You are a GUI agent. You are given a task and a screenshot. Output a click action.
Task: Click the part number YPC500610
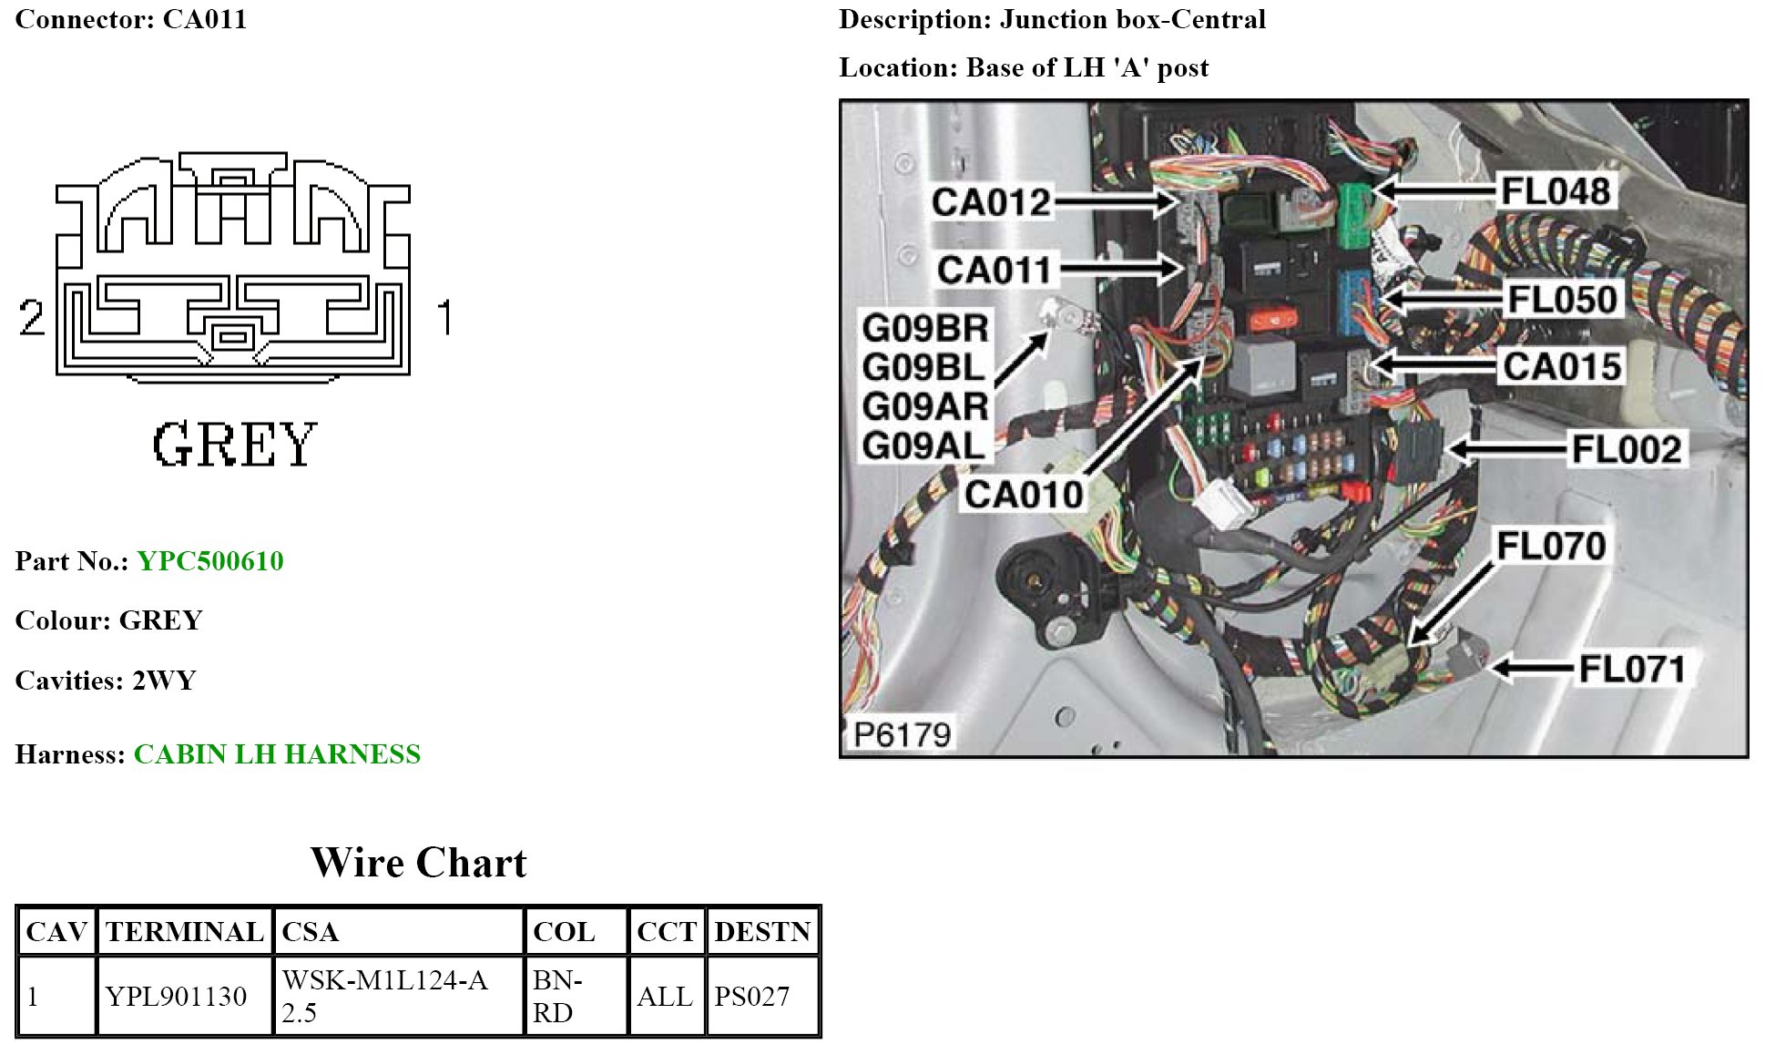[210, 561]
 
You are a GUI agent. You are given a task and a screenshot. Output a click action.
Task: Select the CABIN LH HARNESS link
[277, 754]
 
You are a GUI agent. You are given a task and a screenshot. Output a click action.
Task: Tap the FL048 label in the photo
[1555, 191]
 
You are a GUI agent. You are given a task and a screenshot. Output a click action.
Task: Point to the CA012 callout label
[991, 202]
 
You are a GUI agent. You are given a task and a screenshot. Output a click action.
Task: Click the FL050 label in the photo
[1562, 300]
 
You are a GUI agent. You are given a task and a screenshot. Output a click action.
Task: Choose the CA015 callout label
[1561, 367]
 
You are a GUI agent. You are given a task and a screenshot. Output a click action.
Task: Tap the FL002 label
[1627, 449]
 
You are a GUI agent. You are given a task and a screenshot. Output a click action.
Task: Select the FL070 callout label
[1551, 546]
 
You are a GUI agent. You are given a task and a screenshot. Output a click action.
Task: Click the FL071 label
[1631, 670]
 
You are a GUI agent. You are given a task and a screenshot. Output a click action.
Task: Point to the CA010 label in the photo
[1024, 495]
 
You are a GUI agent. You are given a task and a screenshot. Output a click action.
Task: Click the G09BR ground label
[924, 329]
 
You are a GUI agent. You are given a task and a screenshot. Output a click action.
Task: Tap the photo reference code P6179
[902, 733]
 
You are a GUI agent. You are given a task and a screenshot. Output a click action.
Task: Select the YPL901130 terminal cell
[176, 997]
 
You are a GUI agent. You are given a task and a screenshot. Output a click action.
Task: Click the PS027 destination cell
[751, 997]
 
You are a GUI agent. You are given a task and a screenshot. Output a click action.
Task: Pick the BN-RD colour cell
[554, 997]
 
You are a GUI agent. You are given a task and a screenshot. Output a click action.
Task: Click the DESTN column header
[762, 932]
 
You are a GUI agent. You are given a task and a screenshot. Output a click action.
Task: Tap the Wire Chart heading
[418, 863]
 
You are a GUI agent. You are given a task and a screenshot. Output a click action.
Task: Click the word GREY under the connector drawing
[234, 445]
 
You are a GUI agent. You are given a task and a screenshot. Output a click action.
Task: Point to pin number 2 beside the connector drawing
[32, 318]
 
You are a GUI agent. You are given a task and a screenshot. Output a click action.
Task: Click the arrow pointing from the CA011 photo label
[1120, 269]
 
